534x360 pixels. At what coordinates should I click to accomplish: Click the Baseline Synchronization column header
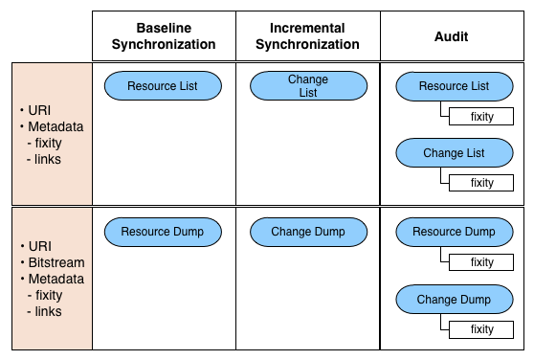pos(163,36)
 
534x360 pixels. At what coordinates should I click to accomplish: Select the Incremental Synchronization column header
pos(307,36)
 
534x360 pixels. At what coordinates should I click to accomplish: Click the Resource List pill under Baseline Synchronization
pos(162,86)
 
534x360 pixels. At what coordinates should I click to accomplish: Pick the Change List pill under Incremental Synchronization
pos(307,86)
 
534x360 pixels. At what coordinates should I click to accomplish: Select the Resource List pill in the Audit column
pos(454,86)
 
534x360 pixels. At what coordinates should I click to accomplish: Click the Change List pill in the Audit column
pos(454,153)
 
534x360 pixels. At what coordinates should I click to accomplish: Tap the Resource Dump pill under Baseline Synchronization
pos(162,231)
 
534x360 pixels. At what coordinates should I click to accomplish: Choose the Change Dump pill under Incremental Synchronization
pos(307,231)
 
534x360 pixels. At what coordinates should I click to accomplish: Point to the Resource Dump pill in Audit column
pos(454,231)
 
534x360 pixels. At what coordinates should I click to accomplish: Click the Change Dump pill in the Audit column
pos(454,300)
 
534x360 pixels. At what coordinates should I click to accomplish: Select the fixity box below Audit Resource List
pos(481,117)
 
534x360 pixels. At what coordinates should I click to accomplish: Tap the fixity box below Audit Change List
pos(481,183)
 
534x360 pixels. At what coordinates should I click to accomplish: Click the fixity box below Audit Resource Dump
pos(481,262)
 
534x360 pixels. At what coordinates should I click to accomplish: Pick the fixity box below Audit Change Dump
pos(481,329)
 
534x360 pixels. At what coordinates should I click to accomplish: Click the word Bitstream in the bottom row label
pos(56,262)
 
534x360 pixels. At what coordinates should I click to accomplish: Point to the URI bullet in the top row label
pos(40,110)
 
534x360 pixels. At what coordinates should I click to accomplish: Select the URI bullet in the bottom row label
pos(40,246)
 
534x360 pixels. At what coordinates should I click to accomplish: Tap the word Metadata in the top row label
pos(56,126)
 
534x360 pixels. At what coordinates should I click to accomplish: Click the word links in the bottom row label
pos(48,311)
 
